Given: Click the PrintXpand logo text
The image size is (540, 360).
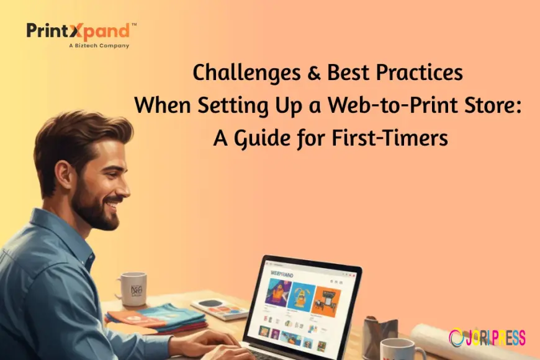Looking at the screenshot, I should (x=78, y=31).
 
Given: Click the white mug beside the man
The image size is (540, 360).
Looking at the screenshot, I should (x=131, y=289).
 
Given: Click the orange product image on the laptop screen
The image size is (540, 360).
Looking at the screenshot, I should (x=326, y=298).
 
